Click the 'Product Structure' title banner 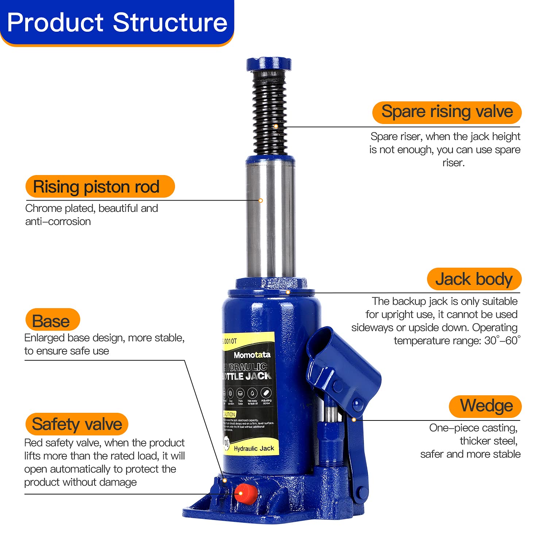117,23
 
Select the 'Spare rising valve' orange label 447,112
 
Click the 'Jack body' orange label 474,279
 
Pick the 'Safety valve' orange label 77,424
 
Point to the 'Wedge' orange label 485,406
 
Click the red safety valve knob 244,493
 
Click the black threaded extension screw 269,113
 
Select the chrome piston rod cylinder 271,219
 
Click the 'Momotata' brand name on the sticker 252,355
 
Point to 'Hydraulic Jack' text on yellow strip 254,449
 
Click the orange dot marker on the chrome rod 261,201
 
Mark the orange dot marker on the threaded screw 276,126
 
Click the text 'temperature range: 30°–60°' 457,341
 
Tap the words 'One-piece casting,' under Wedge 473,428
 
